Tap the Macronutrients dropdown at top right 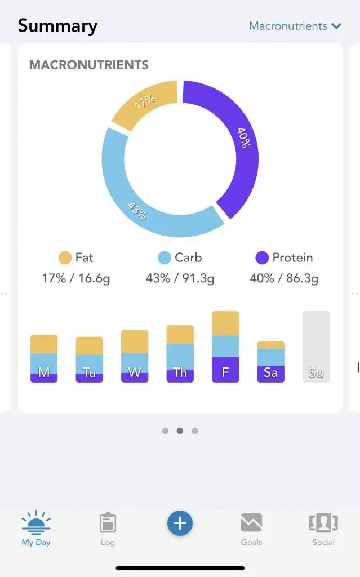coord(295,26)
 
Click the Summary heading coord(57,26)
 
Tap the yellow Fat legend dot coord(65,258)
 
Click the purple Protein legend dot coord(262,258)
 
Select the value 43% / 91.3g coord(180,278)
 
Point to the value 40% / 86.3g coord(284,278)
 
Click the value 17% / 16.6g coord(76,278)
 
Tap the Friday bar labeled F coord(225,347)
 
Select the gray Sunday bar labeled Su coord(316,347)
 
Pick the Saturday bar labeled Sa coord(271,362)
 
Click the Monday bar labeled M coord(44,359)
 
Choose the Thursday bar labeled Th coord(180,354)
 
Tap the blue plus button coord(180,523)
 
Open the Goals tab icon coord(251,523)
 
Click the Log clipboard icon coord(108,523)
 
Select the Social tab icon coord(323,523)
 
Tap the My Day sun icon coord(36,523)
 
